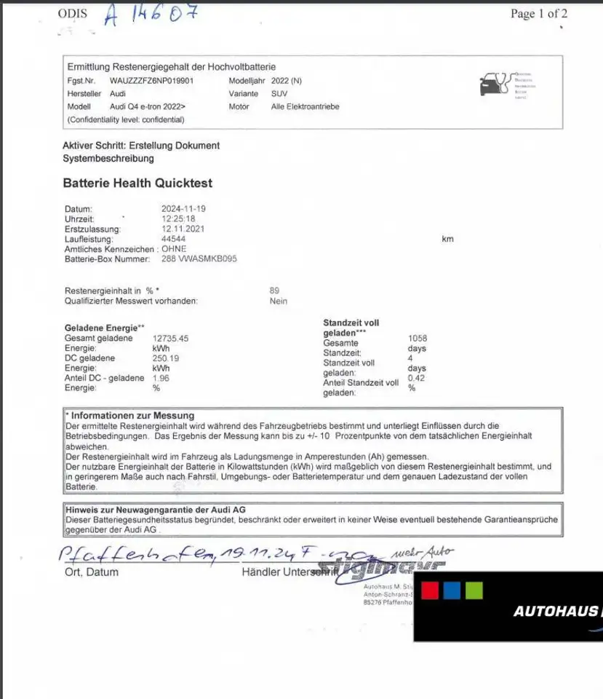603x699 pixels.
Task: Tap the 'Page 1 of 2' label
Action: [x=538, y=14]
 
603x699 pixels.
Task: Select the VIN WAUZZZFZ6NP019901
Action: [x=151, y=81]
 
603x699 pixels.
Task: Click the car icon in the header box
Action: [x=492, y=85]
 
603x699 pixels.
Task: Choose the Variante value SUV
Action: [x=279, y=94]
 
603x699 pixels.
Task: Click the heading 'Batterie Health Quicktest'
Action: [x=137, y=183]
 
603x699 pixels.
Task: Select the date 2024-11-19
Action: [x=183, y=208]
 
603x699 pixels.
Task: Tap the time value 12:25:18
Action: [x=178, y=218]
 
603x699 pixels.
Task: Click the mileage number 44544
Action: [x=173, y=239]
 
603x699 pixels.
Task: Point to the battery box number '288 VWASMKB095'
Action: [x=199, y=258]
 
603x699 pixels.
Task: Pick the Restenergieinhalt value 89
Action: [x=274, y=291]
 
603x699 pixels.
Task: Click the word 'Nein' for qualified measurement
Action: [x=278, y=301]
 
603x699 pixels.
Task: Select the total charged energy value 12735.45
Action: [x=170, y=339]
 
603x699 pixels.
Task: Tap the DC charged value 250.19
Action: [x=166, y=358]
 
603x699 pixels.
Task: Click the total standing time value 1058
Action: [x=418, y=339]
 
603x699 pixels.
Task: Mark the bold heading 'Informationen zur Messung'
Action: [x=132, y=416]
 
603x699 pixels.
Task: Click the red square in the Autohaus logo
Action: [x=430, y=590]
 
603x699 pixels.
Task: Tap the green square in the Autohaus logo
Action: [x=474, y=590]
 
